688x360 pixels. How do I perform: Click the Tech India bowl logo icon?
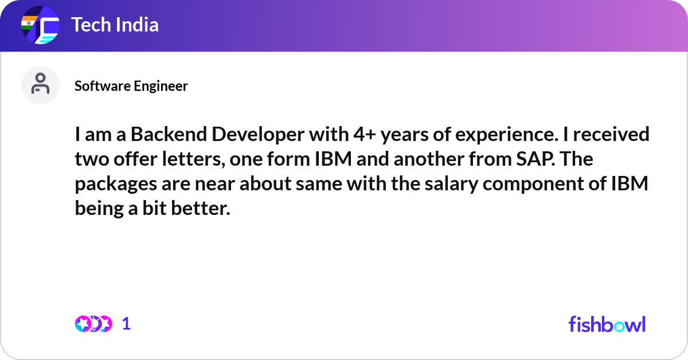pos(40,26)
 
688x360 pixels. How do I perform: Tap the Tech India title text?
pos(115,25)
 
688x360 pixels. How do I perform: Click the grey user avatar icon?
pos(40,85)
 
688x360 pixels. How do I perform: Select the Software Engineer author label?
pos(131,86)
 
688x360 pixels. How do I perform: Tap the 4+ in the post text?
pos(362,135)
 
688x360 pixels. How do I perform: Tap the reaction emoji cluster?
pos(93,324)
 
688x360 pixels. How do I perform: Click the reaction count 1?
pos(126,324)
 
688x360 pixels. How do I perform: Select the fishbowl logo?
pos(607,324)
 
